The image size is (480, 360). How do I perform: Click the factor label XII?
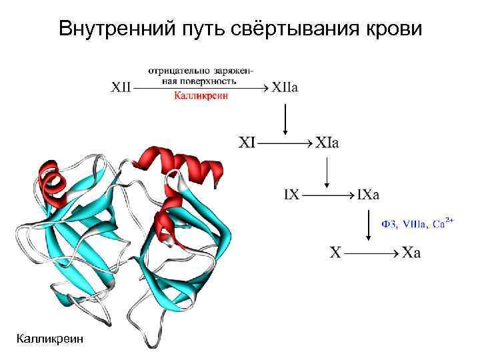(122, 87)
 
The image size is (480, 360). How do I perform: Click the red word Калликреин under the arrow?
(201, 96)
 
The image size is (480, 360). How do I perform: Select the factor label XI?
(248, 142)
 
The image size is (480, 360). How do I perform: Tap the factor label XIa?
(327, 142)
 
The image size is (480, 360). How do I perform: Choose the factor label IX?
(291, 195)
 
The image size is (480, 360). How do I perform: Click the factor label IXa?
(369, 195)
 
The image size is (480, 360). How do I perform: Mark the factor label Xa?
(412, 253)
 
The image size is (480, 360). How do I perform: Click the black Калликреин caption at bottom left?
(51, 339)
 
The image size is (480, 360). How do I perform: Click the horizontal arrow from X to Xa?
(373, 253)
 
